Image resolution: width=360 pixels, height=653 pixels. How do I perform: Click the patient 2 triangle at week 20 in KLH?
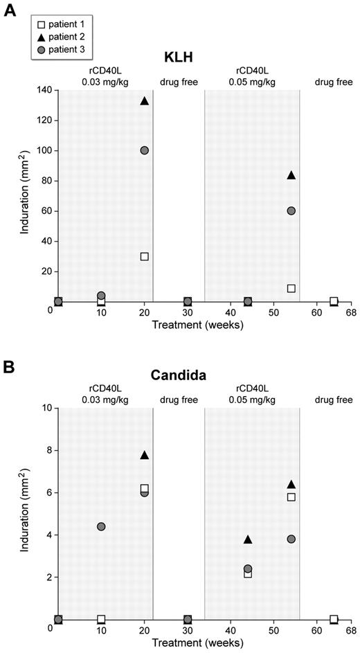point(144,101)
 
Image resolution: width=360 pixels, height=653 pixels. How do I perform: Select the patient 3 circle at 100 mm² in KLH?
point(144,150)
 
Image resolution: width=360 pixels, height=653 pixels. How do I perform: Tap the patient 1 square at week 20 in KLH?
point(144,256)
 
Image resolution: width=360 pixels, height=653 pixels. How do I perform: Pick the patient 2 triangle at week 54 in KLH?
point(291,176)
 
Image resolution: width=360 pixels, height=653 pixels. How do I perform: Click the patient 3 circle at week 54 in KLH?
point(291,211)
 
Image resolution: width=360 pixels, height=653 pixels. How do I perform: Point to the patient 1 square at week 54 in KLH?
point(291,288)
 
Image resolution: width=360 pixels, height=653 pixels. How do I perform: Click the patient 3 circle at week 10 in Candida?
point(101,526)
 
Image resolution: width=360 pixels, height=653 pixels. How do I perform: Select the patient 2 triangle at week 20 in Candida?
point(144,456)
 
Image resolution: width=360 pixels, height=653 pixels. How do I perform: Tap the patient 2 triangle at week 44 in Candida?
point(248,539)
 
